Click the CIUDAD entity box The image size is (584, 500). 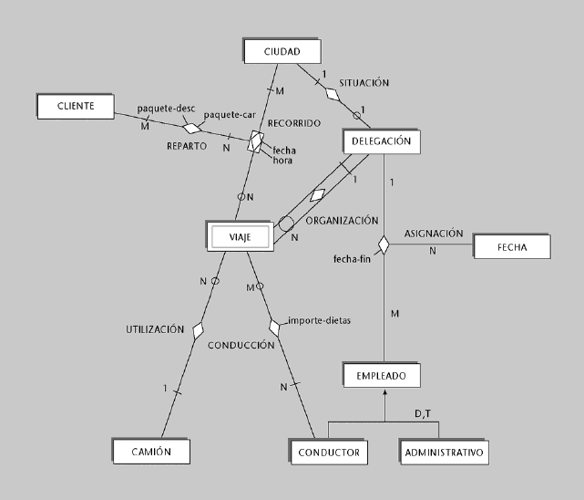pos(282,50)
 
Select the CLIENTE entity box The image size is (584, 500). pos(76,106)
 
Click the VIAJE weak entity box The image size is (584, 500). pos(240,236)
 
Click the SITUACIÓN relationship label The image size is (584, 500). pos(364,82)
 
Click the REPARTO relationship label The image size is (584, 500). pos(187,145)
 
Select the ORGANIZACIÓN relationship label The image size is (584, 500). pos(342,220)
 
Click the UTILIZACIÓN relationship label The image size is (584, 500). pos(156,328)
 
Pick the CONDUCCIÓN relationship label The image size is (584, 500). pos(241,346)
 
